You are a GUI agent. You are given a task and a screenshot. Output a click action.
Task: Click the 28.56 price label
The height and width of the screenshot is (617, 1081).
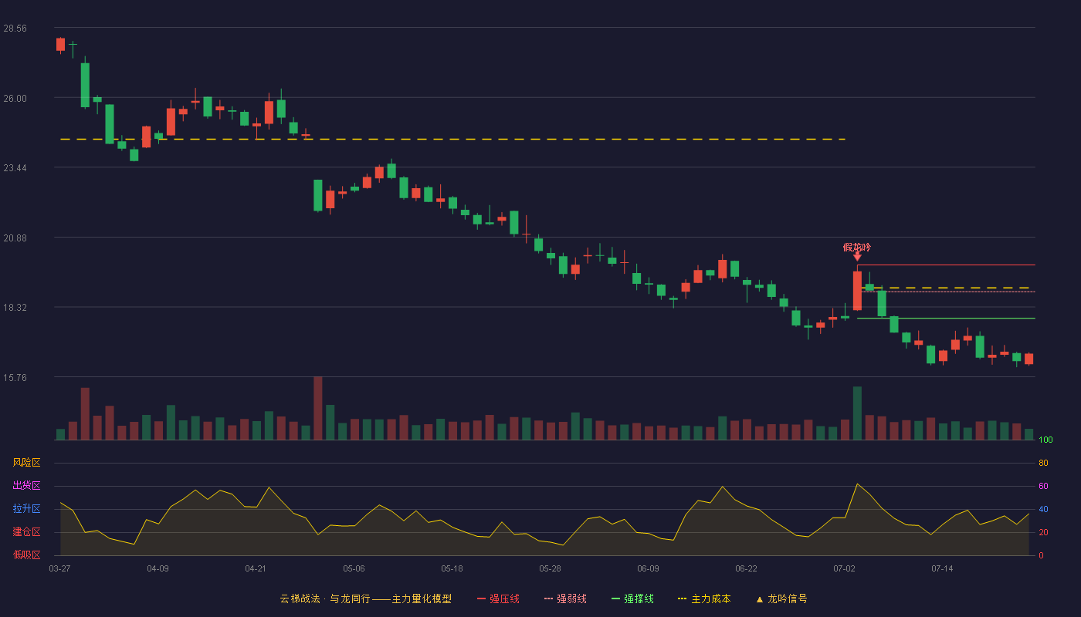click(x=15, y=29)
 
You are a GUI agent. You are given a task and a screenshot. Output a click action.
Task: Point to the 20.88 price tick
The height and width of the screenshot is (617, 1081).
click(x=15, y=238)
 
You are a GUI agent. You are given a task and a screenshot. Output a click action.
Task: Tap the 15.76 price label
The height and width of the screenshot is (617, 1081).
click(x=15, y=377)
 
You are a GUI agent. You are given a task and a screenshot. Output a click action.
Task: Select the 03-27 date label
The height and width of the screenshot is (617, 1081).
click(x=60, y=569)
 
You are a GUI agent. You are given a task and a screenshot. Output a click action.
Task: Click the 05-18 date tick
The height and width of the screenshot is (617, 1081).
click(x=452, y=569)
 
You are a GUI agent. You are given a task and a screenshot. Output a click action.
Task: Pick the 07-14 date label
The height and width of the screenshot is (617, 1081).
click(x=942, y=569)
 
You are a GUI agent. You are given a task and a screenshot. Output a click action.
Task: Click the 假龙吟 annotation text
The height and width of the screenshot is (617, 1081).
click(x=857, y=248)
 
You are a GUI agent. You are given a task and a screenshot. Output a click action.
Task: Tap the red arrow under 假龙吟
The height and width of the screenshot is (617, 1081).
click(x=857, y=256)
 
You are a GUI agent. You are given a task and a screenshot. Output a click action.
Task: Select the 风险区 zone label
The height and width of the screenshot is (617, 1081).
click(x=26, y=463)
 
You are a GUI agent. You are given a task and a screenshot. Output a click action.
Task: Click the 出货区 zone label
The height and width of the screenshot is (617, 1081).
click(x=26, y=485)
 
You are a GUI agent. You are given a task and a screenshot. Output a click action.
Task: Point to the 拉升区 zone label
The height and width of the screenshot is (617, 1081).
click(x=26, y=508)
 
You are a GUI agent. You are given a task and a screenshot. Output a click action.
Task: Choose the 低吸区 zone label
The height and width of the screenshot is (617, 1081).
click(x=26, y=555)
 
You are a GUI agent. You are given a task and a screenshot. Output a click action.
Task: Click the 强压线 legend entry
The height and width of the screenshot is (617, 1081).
click(x=498, y=598)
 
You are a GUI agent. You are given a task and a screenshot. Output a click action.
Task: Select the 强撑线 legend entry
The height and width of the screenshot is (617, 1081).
click(x=632, y=598)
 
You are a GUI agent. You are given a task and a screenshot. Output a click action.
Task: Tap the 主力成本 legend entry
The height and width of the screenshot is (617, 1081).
click(x=704, y=598)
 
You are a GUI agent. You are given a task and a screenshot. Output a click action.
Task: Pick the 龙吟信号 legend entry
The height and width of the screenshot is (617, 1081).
click(x=781, y=598)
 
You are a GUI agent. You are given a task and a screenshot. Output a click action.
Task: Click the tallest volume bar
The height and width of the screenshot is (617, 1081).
click(x=318, y=408)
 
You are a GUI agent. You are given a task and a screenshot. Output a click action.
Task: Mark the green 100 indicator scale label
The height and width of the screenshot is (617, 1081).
click(x=1045, y=440)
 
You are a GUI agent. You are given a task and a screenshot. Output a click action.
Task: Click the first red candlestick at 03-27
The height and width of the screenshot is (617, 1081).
click(x=60, y=45)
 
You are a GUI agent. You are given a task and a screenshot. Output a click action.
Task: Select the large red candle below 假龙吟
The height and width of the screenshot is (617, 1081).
click(x=857, y=291)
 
